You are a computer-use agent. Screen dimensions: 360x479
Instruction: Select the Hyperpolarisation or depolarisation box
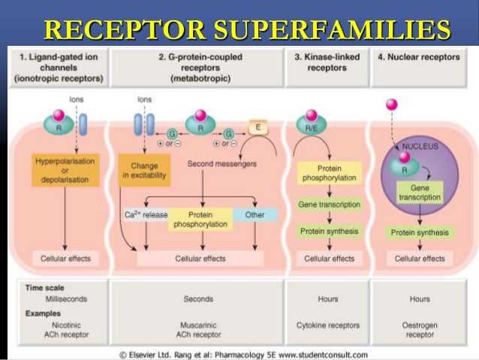(x=62, y=170)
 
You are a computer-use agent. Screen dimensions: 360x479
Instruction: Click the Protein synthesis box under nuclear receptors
(x=420, y=232)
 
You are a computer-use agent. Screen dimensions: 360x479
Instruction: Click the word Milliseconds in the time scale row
(x=66, y=298)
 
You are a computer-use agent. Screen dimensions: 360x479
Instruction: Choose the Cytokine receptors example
(x=327, y=325)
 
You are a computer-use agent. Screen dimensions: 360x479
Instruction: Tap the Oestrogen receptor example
(x=420, y=330)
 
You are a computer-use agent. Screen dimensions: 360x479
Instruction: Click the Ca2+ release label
(x=146, y=215)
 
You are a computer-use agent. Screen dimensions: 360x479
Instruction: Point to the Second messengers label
(x=221, y=163)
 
